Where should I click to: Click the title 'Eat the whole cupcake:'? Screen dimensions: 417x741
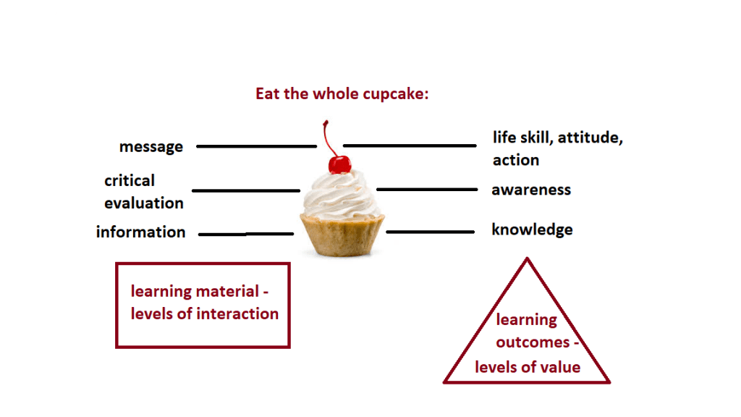(342, 94)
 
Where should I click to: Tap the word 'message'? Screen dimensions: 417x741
(151, 147)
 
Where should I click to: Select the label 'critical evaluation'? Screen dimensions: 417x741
(143, 192)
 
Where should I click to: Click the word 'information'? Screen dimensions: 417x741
(140, 232)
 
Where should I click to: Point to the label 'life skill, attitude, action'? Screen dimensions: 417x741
(557, 148)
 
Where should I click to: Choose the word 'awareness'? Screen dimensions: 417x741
(531, 190)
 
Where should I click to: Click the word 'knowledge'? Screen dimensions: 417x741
(532, 229)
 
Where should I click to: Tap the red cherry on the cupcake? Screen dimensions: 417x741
(339, 164)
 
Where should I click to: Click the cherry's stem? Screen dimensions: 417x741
(329, 138)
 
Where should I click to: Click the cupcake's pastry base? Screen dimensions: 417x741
(342, 235)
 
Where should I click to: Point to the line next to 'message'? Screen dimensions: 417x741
(256, 146)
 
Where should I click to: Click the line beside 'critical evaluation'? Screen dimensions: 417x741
(246, 190)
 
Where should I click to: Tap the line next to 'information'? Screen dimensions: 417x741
(246, 234)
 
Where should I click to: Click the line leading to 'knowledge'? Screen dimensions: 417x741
(430, 232)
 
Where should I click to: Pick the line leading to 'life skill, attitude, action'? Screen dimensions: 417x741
(410, 146)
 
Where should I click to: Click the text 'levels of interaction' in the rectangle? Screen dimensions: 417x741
(205, 314)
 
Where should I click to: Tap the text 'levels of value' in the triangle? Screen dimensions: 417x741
(528, 367)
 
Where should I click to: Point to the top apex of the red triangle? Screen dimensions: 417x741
(527, 259)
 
